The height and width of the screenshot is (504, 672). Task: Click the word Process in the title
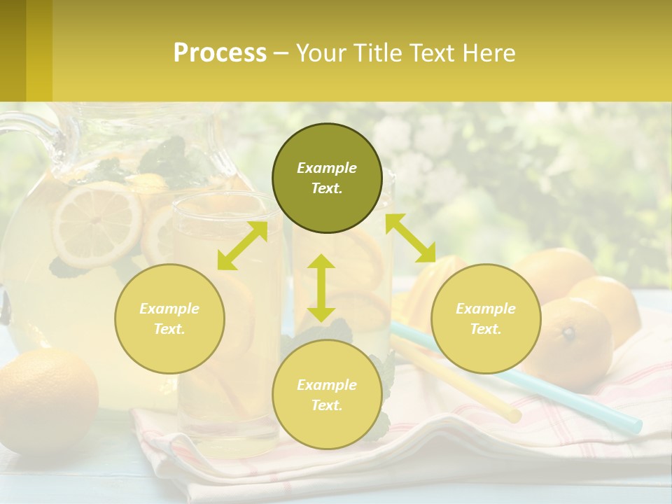[220, 53]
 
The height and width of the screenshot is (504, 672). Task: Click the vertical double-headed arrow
[321, 288]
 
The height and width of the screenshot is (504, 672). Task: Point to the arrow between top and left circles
[242, 246]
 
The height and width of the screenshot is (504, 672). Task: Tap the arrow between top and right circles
[410, 238]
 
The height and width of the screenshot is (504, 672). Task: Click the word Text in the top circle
[327, 188]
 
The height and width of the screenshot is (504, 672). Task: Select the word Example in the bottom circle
[327, 385]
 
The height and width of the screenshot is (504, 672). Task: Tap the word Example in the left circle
[169, 309]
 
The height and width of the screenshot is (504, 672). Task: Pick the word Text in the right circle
[486, 329]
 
